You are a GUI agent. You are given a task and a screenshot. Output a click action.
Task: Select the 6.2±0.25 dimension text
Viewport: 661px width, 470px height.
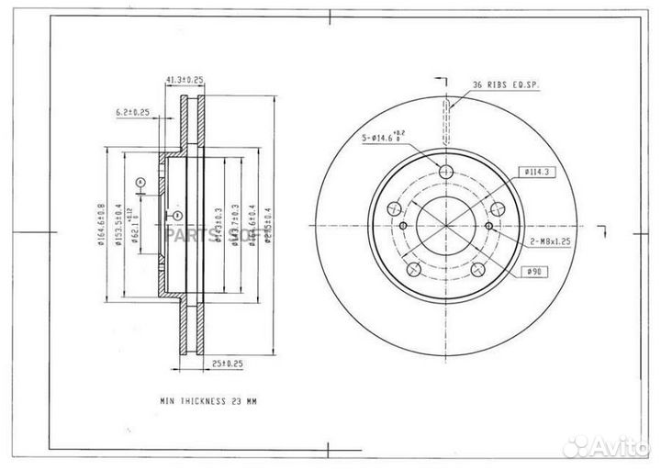(x=133, y=112)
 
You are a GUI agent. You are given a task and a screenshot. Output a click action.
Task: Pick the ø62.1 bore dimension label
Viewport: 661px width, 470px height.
(x=136, y=227)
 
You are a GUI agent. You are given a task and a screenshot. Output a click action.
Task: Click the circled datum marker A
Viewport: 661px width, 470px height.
(x=140, y=182)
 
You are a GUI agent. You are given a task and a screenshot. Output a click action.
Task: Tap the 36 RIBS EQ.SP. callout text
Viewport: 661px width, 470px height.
(x=506, y=84)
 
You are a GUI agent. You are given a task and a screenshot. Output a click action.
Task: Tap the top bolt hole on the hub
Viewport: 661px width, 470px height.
(x=446, y=173)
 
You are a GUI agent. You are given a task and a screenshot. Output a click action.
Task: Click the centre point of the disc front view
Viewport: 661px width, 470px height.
(x=446, y=226)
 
